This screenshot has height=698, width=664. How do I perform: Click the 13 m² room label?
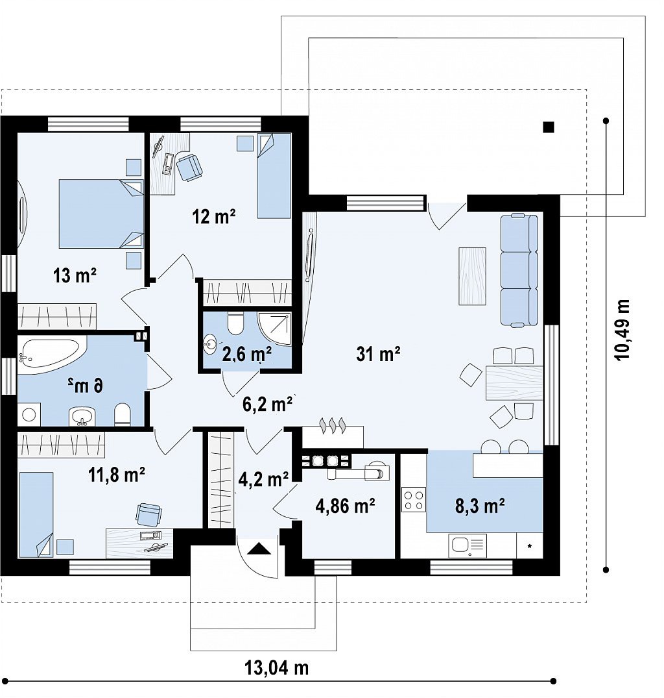pos(75,275)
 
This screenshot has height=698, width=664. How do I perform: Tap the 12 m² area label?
pos(214,217)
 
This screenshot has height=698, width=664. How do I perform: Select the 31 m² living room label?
pos(378,354)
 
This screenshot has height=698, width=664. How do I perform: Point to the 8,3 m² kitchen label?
pos(480,506)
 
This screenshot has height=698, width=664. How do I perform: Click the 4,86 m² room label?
pos(345,506)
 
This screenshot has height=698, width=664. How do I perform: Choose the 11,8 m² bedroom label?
pos(117,475)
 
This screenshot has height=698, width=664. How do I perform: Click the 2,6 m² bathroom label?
pos(247,355)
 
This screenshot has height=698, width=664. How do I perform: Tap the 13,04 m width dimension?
pos(276,667)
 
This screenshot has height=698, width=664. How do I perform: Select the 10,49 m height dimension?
pos(622,329)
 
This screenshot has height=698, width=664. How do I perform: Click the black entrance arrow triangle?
pos(259,549)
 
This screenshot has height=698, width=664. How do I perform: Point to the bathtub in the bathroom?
pos(52,355)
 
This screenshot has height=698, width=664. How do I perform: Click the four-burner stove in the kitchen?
pos(413,499)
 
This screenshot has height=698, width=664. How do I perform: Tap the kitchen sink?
pos(468,546)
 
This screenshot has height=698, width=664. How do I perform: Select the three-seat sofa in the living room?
pos(519,271)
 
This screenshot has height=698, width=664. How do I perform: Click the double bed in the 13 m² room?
pos(101,214)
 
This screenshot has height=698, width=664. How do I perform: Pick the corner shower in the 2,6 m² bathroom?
pos(275,329)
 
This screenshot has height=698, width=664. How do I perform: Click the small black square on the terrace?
pos(549,127)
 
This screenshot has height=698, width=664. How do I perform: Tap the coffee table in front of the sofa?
pos(472,276)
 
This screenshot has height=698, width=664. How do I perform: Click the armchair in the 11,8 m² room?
pos(148,514)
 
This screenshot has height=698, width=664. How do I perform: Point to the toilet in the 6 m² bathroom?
pos(122,414)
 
